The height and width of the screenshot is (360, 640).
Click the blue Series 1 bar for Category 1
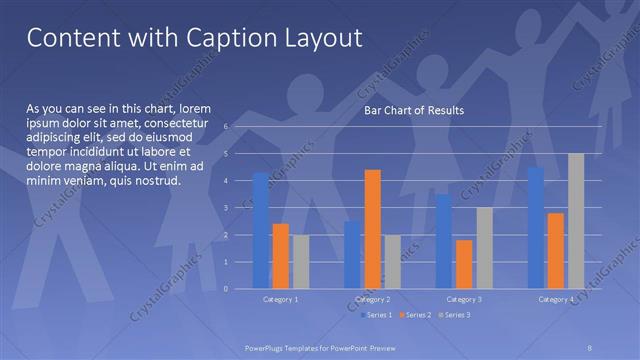pyautogui.click(x=260, y=230)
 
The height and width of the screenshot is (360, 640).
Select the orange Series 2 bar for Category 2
pyautogui.click(x=372, y=229)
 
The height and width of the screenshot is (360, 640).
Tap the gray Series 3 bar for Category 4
pyautogui.click(x=576, y=221)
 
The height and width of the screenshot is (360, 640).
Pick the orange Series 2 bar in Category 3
pyautogui.click(x=464, y=264)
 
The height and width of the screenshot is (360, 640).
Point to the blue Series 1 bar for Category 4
pyautogui.click(x=536, y=228)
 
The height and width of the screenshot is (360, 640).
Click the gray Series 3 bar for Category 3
pyautogui.click(x=484, y=248)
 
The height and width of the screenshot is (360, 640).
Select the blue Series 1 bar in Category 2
pyautogui.click(x=352, y=255)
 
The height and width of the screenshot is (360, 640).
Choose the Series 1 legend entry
pyautogui.click(x=376, y=315)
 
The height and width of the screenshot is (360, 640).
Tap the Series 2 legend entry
pyautogui.click(x=416, y=315)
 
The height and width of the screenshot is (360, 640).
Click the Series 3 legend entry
pyautogui.click(x=456, y=315)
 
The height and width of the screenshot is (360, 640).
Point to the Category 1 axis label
pyautogui.click(x=281, y=299)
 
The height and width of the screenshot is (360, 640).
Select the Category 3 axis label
pyautogui.click(x=464, y=299)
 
